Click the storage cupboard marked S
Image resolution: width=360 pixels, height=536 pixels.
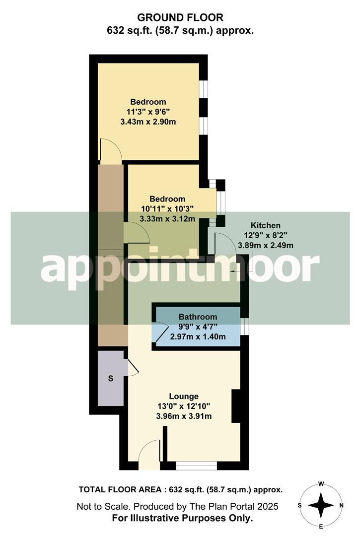tap(110, 379)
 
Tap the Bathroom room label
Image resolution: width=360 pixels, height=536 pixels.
tap(198, 317)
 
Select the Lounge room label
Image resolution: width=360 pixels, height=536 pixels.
tap(184, 396)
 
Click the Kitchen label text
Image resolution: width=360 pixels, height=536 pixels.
tap(265, 225)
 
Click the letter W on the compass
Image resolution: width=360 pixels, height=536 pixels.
tap(321, 483)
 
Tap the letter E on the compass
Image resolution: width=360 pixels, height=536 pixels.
tap(321, 526)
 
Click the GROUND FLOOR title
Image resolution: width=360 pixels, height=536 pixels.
tap(181, 17)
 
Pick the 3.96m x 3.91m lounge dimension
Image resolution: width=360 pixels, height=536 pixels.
tap(184, 416)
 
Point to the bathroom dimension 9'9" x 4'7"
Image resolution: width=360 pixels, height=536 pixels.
tap(198, 327)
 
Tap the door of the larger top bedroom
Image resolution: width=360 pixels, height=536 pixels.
tap(110, 151)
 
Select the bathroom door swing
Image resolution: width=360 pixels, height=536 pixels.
tap(161, 334)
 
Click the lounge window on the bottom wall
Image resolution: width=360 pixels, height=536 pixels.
tap(197, 466)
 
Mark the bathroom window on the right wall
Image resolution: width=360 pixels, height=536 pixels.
tap(244, 326)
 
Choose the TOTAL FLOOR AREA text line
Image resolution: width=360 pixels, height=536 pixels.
tap(181, 489)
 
